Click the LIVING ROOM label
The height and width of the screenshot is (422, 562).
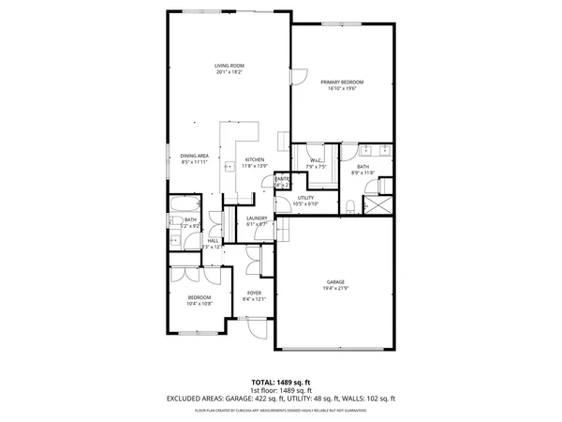coord(229,66)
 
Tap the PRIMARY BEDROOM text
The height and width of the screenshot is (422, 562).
coord(342,83)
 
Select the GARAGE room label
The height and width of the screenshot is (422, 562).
coord(335,282)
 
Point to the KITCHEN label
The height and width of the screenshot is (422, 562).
coord(255,159)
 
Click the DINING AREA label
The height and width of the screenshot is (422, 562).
coord(195,156)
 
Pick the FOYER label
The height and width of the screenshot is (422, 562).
coord(254,293)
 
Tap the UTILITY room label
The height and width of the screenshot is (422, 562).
coord(305,198)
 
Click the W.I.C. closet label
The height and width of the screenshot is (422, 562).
coord(316,161)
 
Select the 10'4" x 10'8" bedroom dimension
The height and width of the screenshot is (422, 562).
coord(199,303)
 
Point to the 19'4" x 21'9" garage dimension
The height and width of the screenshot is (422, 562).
coord(335,289)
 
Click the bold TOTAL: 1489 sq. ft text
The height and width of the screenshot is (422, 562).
coord(280,383)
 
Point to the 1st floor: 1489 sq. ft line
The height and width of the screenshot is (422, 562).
coord(280,390)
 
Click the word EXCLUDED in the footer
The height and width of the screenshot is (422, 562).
coord(184,399)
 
